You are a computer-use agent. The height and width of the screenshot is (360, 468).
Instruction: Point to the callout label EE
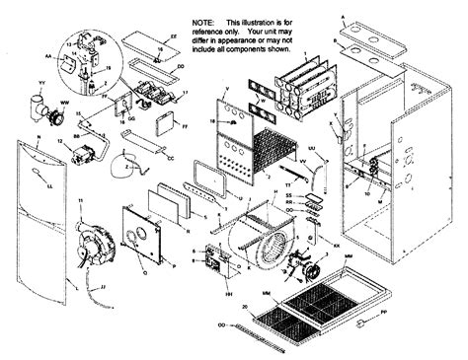point(174,36)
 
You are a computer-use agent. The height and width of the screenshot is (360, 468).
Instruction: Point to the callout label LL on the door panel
point(49,183)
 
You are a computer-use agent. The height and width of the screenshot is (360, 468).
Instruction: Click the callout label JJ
point(104,287)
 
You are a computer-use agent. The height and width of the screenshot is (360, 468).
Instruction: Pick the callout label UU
point(311,149)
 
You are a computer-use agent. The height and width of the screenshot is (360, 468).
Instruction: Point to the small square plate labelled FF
point(164,127)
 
